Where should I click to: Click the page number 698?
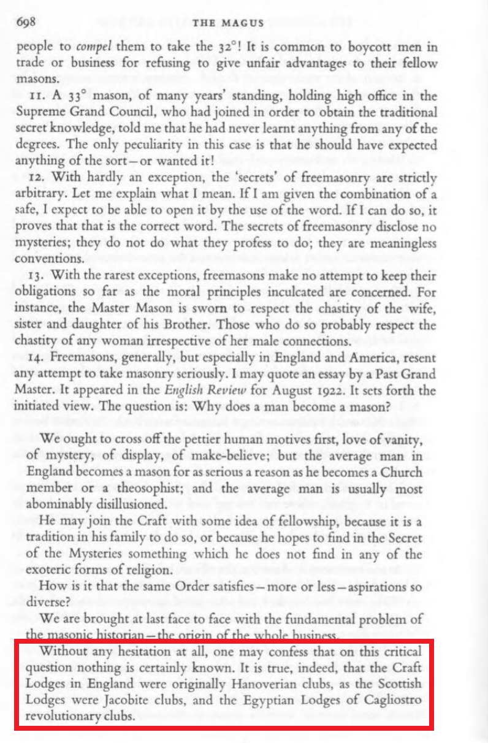(28, 23)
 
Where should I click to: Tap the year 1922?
(315, 391)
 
